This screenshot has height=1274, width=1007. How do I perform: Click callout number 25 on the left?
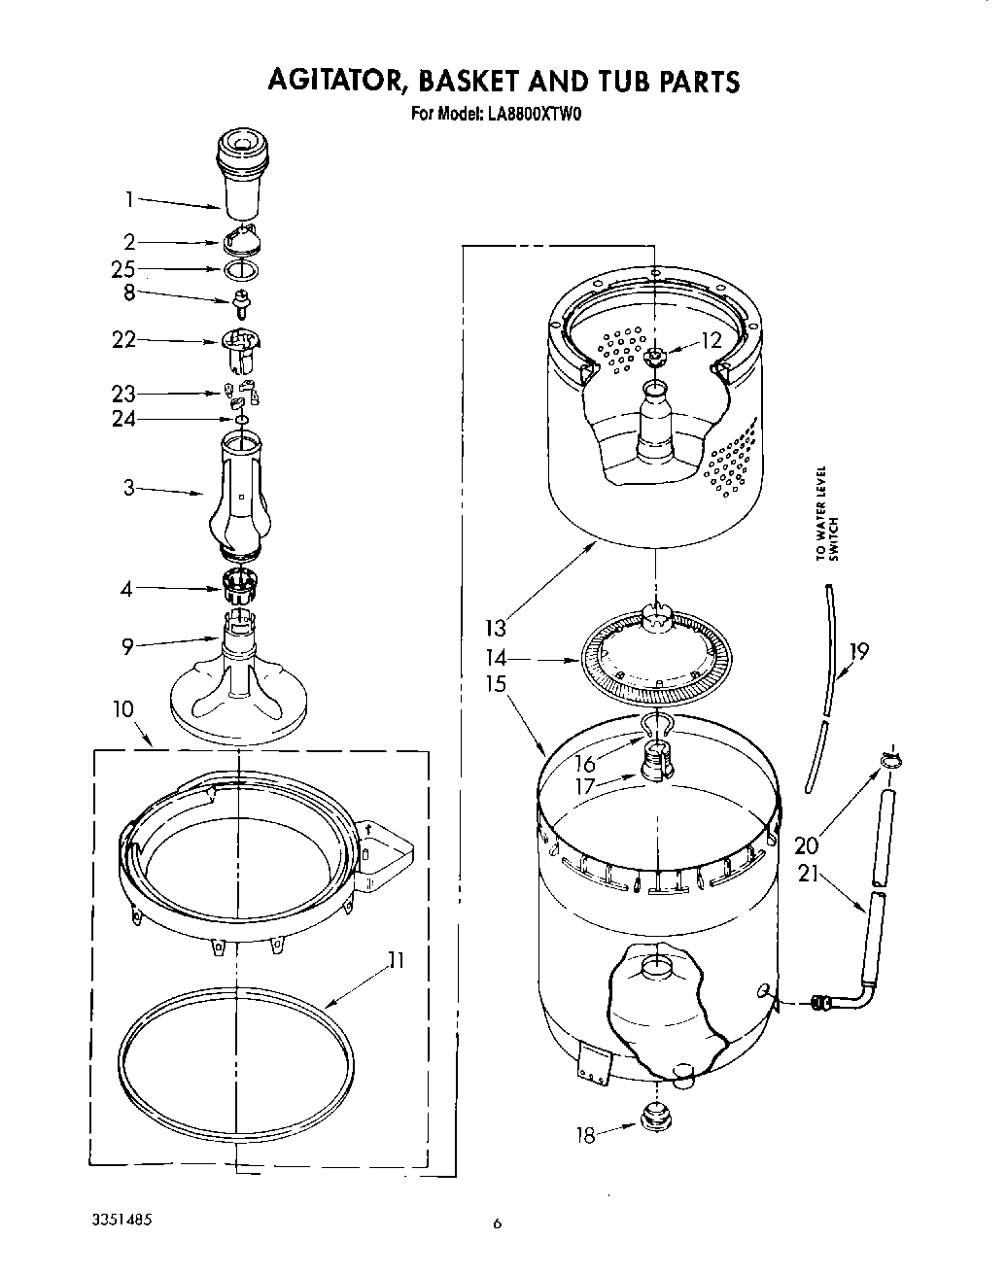point(123,269)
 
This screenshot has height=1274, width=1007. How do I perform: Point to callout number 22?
point(123,339)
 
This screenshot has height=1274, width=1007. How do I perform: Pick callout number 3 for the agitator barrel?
point(128,488)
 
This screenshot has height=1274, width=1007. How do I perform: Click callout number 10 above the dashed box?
point(122,708)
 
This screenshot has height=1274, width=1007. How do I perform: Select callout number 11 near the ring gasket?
point(395,960)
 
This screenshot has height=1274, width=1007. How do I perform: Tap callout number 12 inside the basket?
point(712,341)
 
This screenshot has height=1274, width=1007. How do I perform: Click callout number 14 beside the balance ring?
point(497,658)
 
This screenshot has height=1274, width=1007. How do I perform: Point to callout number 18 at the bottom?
point(585,1134)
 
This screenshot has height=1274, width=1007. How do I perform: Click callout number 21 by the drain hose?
point(807,875)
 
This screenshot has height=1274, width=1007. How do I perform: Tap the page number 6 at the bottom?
point(497,1224)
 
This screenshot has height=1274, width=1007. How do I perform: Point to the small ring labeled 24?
point(241,420)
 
